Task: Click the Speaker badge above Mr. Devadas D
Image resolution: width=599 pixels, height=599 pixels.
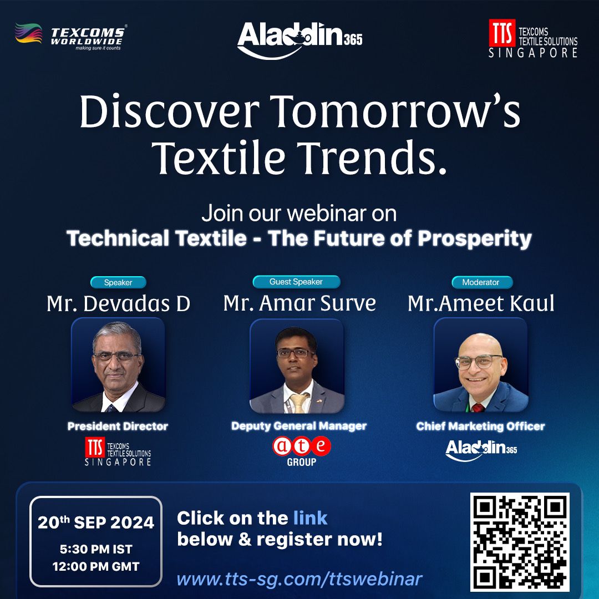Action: (118, 282)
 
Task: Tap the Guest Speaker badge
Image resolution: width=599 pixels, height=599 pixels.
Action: (296, 282)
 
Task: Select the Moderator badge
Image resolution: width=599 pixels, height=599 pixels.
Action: (480, 282)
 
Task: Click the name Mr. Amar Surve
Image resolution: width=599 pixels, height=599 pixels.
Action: (299, 303)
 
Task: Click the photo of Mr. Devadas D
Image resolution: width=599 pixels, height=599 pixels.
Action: (118, 365)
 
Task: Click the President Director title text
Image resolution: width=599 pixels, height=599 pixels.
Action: (118, 426)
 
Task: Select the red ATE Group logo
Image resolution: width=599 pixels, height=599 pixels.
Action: (301, 450)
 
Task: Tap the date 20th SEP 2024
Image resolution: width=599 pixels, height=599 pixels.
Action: (95, 522)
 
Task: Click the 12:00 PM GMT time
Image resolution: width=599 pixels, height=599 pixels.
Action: (95, 566)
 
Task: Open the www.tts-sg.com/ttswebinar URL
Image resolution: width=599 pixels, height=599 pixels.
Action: (299, 579)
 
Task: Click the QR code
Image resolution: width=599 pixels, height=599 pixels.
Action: (520, 541)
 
